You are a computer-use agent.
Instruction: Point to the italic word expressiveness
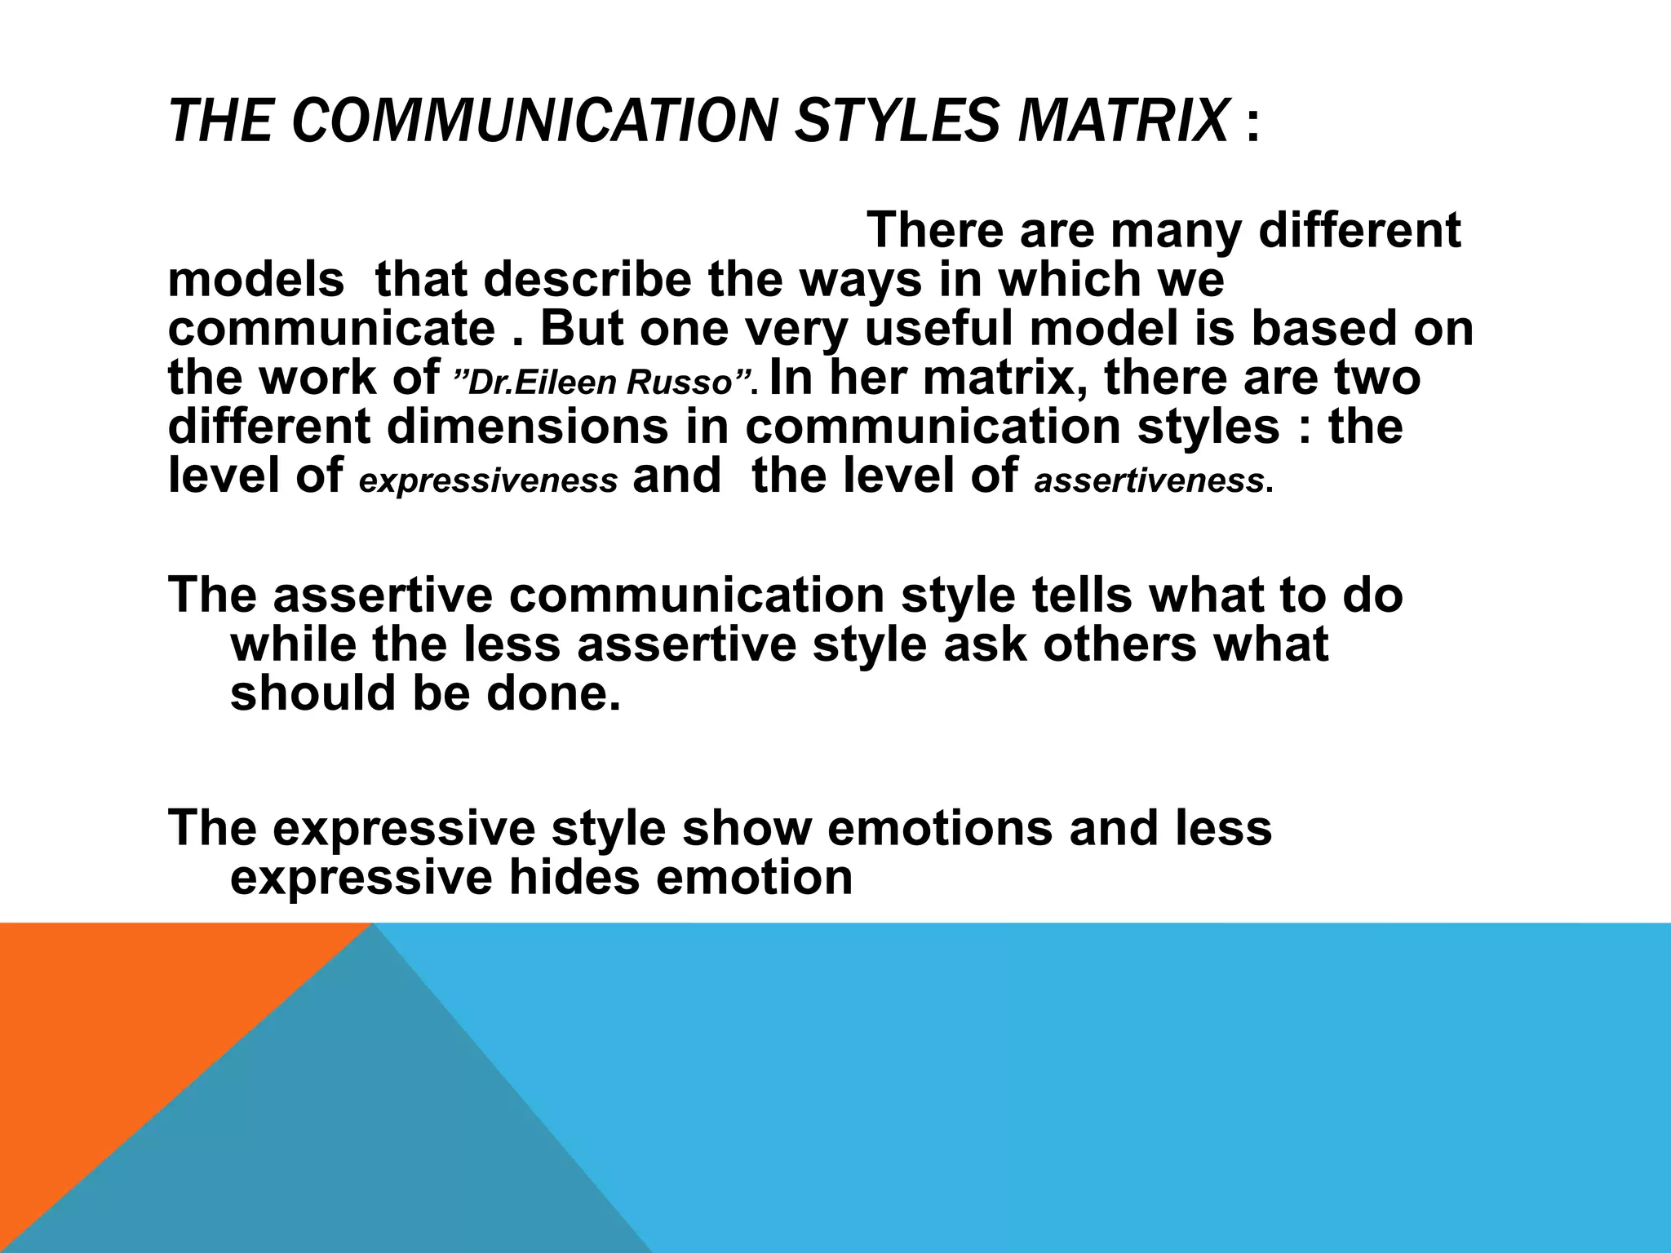tap(488, 481)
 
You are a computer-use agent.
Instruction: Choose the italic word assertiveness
tap(1149, 481)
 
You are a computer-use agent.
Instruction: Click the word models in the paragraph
tap(255, 280)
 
